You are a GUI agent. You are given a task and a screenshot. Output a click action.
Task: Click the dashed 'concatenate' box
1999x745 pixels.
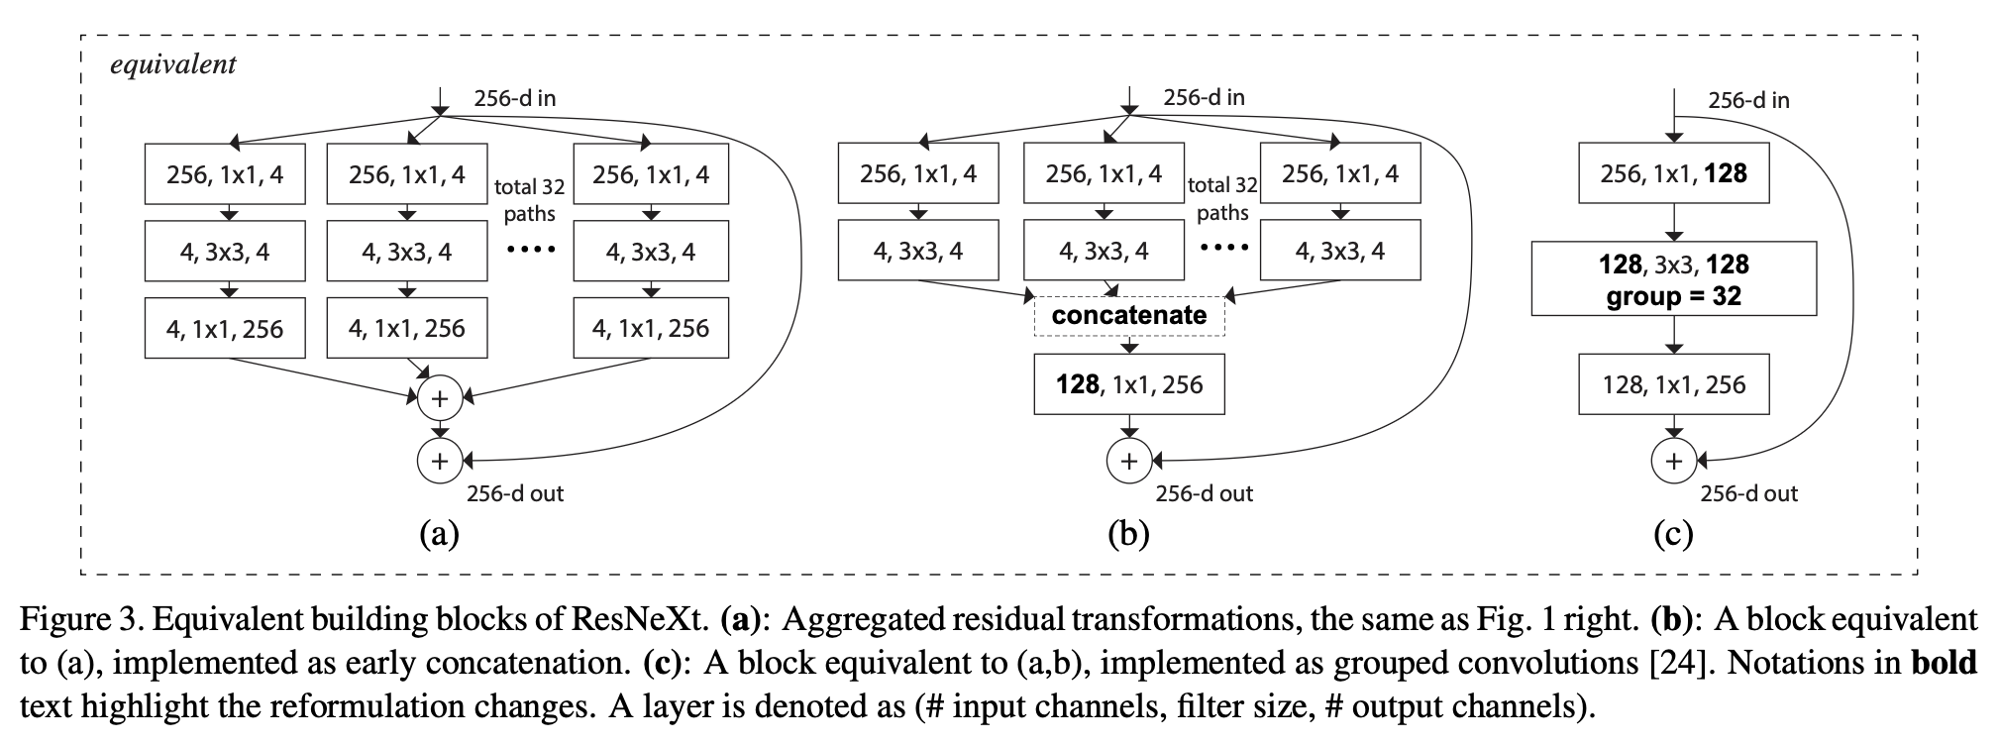(x=1128, y=316)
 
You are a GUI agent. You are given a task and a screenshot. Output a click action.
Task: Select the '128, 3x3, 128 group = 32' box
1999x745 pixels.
(x=1673, y=279)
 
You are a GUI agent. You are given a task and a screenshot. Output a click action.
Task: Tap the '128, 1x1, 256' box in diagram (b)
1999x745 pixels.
(x=1128, y=384)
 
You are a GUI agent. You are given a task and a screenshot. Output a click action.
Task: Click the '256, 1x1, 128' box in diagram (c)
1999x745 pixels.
(x=1673, y=174)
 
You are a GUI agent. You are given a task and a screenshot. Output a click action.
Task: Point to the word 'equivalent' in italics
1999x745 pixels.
(x=173, y=64)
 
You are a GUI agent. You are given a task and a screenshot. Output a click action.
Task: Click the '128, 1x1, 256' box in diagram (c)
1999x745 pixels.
(x=1673, y=384)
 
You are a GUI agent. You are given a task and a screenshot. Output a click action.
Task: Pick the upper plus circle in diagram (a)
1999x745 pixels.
(x=440, y=398)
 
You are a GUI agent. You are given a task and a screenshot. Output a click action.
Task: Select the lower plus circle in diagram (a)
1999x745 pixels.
(x=440, y=461)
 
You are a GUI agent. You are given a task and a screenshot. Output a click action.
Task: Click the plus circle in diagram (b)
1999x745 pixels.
(x=1128, y=461)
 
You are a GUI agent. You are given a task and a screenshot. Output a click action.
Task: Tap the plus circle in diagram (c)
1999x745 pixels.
(x=1673, y=461)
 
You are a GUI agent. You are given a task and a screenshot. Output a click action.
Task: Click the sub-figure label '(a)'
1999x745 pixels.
(x=439, y=534)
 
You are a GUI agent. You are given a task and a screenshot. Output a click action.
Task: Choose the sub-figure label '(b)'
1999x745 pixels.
(x=1128, y=534)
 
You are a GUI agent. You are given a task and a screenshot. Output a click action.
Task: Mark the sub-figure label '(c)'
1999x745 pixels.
(x=1673, y=534)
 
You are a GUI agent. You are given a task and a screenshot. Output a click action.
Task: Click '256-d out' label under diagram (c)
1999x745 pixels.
(x=1748, y=493)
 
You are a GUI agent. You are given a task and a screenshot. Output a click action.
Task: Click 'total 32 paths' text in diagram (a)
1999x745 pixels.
(x=529, y=199)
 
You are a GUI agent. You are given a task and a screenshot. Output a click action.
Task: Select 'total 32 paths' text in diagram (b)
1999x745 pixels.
(x=1222, y=198)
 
